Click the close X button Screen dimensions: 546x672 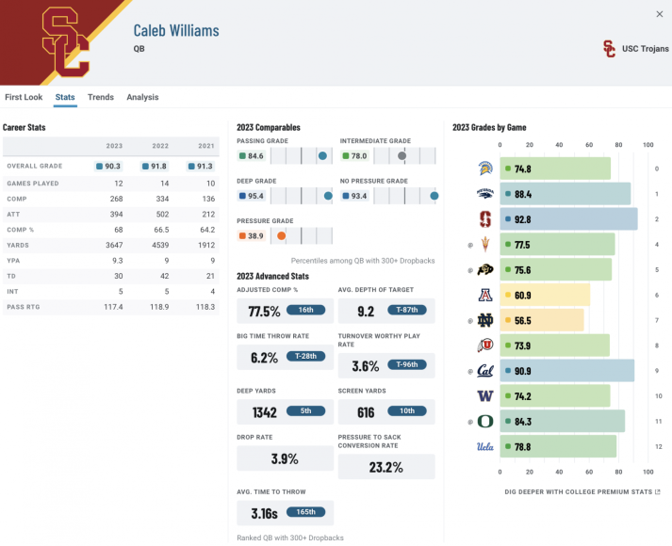659,13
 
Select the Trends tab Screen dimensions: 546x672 101,97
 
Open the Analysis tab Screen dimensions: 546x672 142,97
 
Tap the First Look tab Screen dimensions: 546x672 24,97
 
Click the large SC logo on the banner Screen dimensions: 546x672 66,42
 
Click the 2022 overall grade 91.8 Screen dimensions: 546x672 156,166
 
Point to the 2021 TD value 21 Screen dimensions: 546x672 209,275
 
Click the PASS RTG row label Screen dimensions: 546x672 24,306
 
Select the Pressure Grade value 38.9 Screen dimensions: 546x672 254,235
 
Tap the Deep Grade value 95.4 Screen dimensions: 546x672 254,196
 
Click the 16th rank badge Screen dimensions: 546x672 305,310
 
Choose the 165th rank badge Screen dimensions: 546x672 305,512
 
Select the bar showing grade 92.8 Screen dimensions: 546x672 568,219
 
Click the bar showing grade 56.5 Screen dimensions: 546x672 541,320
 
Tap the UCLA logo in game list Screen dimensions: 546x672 484,446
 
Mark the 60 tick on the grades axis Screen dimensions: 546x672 588,145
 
